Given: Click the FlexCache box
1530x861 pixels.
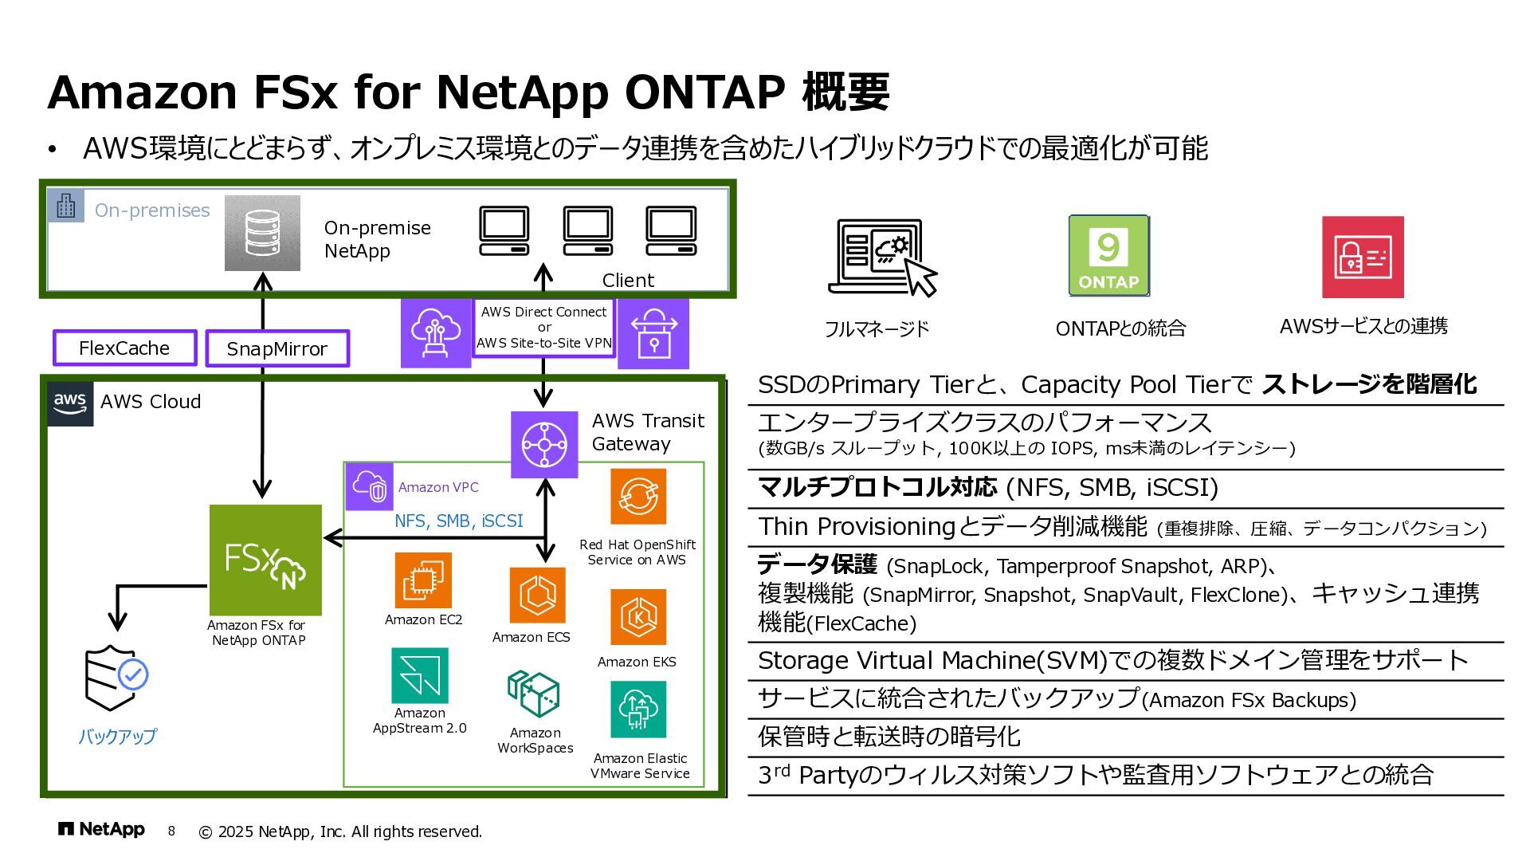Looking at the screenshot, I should click(x=124, y=348).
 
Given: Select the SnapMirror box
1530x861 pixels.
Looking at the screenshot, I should click(x=277, y=349).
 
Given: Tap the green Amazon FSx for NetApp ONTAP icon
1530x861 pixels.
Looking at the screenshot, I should click(x=265, y=560).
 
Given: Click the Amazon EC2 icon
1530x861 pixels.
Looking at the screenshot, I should click(x=423, y=580).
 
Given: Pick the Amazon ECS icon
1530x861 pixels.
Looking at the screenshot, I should click(x=538, y=596).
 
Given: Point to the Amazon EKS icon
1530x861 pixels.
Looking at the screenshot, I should click(x=637, y=617).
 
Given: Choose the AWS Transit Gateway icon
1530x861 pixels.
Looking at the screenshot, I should click(x=544, y=445).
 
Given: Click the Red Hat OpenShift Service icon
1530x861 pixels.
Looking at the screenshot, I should click(x=637, y=497).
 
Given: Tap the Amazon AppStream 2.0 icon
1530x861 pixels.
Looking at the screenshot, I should click(x=420, y=675).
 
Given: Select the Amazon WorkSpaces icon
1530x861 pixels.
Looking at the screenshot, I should click(x=534, y=694).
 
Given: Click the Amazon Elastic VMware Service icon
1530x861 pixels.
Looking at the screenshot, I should click(x=637, y=710).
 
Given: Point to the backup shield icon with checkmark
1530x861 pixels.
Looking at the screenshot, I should click(x=116, y=678).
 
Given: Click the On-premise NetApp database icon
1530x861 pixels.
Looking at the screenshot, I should click(x=262, y=233).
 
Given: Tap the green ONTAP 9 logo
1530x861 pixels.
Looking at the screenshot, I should click(x=1108, y=256).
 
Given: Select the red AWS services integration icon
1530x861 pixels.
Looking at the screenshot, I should click(x=1363, y=257).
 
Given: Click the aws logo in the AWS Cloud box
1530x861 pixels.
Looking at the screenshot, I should click(x=70, y=403).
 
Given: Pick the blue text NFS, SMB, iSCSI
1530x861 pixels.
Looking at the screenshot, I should click(x=459, y=521).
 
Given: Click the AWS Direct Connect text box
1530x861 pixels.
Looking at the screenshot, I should click(x=544, y=328).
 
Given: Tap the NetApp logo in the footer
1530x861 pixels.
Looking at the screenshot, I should click(x=101, y=830).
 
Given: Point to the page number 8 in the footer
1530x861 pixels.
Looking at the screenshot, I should click(x=171, y=831).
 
